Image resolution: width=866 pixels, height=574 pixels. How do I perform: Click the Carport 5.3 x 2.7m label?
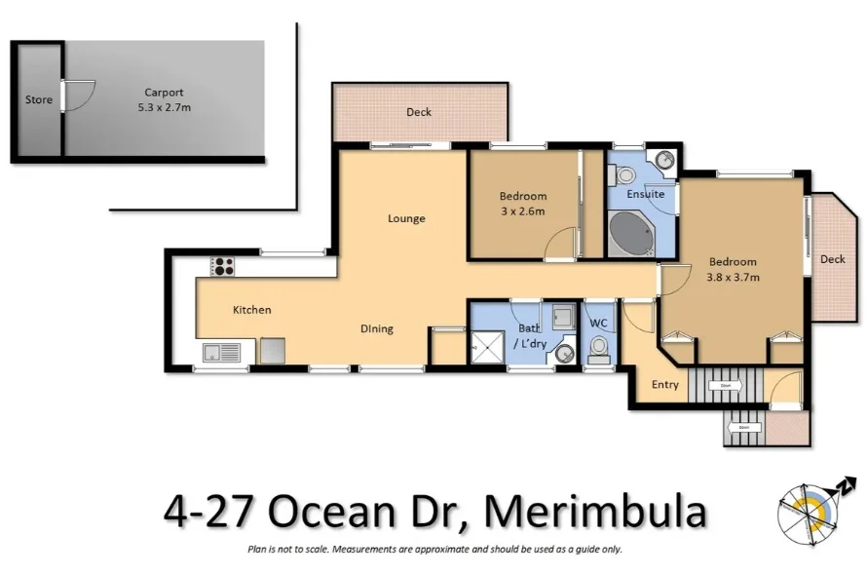(163, 100)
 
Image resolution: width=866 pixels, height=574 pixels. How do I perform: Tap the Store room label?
(39, 99)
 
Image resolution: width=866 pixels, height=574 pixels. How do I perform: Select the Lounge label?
(406, 218)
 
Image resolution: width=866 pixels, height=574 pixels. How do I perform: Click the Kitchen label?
(251, 310)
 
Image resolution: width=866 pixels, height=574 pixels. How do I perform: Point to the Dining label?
(377, 328)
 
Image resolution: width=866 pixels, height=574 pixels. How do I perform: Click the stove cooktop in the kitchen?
(223, 265)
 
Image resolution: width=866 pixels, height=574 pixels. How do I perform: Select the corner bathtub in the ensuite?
(632, 233)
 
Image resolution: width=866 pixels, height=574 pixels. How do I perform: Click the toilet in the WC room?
(599, 349)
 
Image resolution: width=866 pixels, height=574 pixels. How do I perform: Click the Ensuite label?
(645, 194)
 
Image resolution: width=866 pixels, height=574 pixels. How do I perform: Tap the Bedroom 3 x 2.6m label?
(523, 203)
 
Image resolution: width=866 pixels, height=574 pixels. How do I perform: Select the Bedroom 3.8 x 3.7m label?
(733, 269)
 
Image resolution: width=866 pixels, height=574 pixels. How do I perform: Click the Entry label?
(665, 385)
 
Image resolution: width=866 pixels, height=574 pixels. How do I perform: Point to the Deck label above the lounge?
(419, 112)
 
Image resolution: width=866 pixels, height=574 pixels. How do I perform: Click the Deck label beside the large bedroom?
(832, 259)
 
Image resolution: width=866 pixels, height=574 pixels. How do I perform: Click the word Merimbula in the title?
(595, 512)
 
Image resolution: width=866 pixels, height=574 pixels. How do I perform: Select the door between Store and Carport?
(66, 95)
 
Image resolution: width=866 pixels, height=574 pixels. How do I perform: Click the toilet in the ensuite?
(623, 175)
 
